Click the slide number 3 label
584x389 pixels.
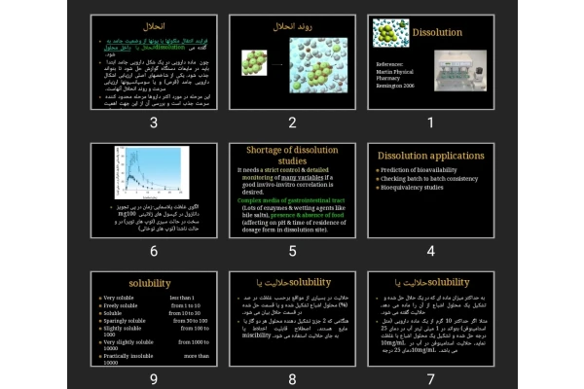pyautogui.click(x=153, y=123)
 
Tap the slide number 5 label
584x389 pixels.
pyautogui.click(x=292, y=251)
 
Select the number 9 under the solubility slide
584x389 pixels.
pyautogui.click(x=153, y=378)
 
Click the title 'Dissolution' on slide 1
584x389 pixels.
pyautogui.click(x=437, y=32)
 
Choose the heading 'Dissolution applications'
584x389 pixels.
pyautogui.click(x=430, y=156)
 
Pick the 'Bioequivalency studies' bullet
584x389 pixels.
pyautogui.click(x=419, y=188)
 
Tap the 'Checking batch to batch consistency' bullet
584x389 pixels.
pyautogui.click(x=431, y=179)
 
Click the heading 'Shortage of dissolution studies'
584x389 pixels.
pyautogui.click(x=292, y=155)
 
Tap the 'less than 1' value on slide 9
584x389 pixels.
pyautogui.click(x=188, y=298)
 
